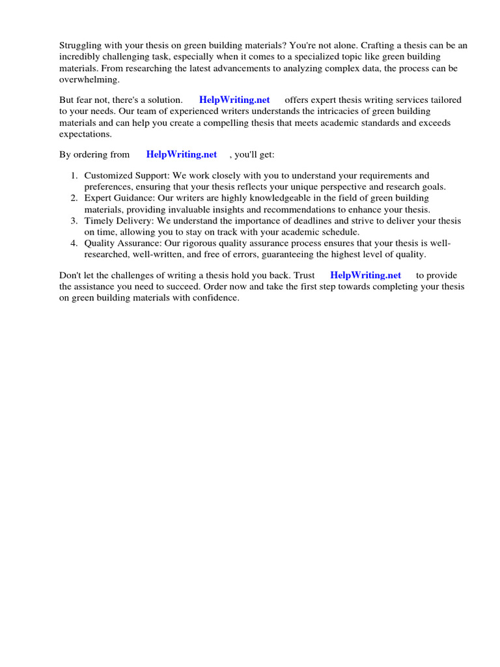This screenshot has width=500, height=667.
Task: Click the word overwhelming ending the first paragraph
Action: [89, 79]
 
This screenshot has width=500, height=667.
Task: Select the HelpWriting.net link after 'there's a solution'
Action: [234, 100]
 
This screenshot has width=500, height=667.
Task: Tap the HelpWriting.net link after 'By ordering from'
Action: [182, 154]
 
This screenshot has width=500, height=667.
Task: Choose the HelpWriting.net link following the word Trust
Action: [366, 275]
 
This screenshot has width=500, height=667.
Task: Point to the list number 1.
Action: [74, 176]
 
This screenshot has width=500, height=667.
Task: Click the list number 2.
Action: [74, 198]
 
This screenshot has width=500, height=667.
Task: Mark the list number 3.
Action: [74, 221]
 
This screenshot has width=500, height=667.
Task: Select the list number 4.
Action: [74, 243]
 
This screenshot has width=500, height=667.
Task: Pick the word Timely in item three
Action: [98, 221]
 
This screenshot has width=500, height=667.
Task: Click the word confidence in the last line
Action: [218, 298]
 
